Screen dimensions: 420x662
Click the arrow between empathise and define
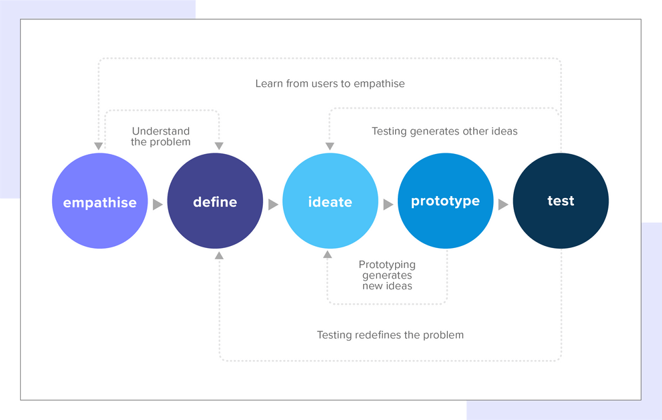coord(157,204)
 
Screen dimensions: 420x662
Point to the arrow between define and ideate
coord(273,204)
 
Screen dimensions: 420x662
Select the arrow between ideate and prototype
coord(388,204)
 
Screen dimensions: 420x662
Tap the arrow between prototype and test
coord(503,204)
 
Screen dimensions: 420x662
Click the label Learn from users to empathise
coord(330,83)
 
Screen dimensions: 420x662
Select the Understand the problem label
coord(161,136)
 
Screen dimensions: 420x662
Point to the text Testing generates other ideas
coord(444,131)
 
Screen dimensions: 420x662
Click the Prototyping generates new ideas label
coord(387,275)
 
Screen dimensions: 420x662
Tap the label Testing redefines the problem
coord(390,335)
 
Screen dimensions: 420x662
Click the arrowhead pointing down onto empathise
coord(98,146)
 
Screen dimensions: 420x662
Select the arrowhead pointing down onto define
coord(219,146)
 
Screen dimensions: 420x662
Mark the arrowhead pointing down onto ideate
coord(328,146)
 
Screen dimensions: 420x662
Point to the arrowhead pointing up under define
coord(219,255)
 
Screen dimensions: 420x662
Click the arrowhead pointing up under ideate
coord(328,254)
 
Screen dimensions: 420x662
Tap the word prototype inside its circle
coord(445,201)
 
